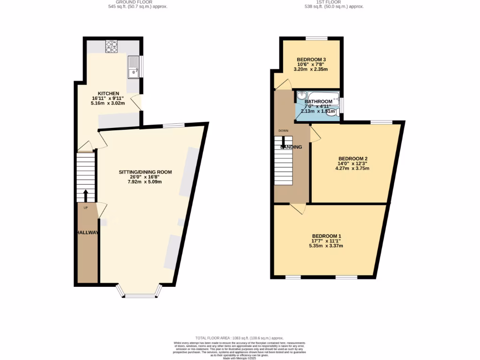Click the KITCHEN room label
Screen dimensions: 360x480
(x=108, y=93)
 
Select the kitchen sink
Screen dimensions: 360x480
(x=133, y=67)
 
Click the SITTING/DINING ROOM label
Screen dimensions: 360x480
(x=145, y=172)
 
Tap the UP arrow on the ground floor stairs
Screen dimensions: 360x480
(x=85, y=195)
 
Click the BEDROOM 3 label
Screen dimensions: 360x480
(x=311, y=60)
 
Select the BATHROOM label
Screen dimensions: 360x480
(x=318, y=101)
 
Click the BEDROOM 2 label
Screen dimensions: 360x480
(x=349, y=158)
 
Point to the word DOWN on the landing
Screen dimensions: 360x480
(x=283, y=131)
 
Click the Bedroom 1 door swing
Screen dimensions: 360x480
(x=297, y=209)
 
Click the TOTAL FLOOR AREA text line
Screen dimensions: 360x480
(x=240, y=338)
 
